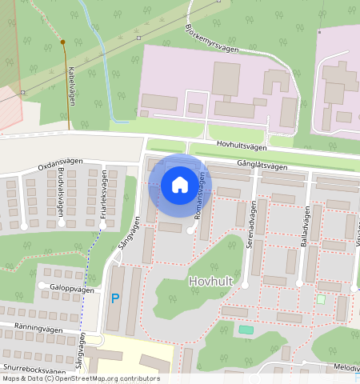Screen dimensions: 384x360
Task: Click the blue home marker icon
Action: coord(180,185)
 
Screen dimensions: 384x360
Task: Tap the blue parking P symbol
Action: coord(115,298)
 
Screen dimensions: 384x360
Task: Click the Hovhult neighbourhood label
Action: coord(211,282)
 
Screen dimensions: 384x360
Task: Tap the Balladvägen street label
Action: coord(306,222)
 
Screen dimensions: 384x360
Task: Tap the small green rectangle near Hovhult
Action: coord(246,330)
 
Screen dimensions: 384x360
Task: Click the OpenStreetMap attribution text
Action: coord(80,379)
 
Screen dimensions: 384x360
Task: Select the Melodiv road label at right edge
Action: coord(346,367)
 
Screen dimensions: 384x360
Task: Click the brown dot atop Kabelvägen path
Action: coord(62,42)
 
